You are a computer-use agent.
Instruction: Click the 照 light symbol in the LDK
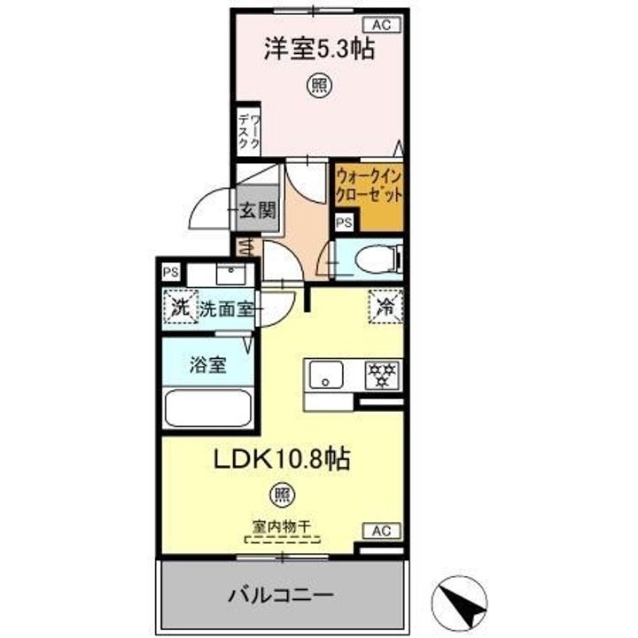pyautogui.click(x=282, y=494)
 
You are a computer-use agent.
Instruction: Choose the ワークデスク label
pyautogui.click(x=248, y=130)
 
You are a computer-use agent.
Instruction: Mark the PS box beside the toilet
pyautogui.click(x=343, y=222)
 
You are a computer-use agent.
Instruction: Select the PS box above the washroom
pyautogui.click(x=170, y=272)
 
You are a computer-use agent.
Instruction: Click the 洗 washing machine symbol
pyautogui.click(x=180, y=308)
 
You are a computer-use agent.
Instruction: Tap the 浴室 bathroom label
pyautogui.click(x=206, y=365)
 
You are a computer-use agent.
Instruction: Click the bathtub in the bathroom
pyautogui.click(x=209, y=408)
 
